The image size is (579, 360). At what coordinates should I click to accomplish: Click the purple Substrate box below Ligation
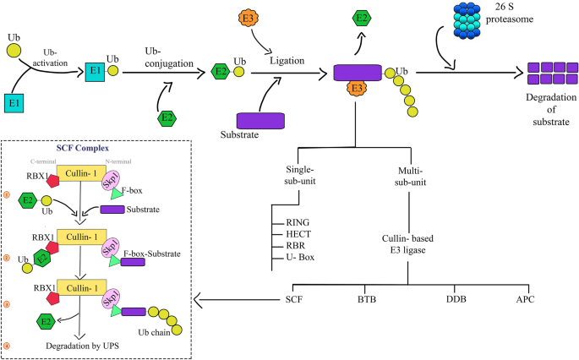point(260,120)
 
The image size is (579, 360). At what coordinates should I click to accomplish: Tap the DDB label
point(457,298)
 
